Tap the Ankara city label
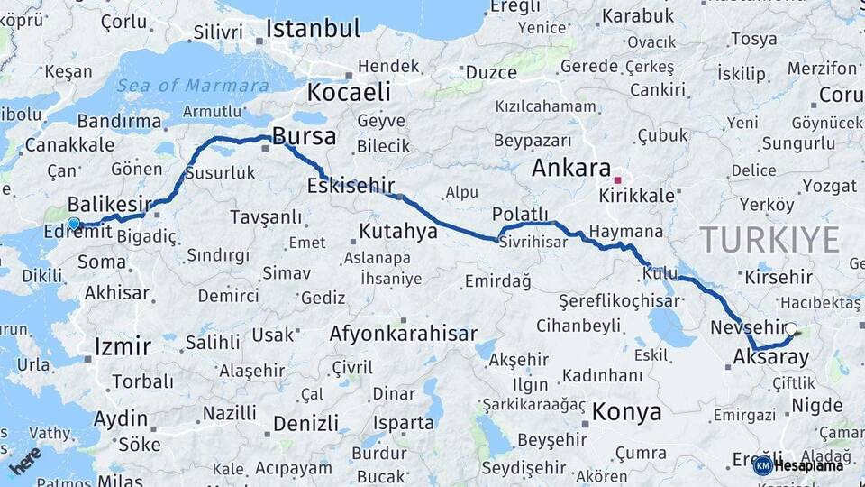coord(571,168)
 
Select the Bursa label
coord(304,137)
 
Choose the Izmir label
coord(123,346)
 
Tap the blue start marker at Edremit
coord(73,223)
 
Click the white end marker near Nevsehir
coord(791,330)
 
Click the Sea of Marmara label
coord(192,86)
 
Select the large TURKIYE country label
coord(769,240)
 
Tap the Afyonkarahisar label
coord(403,334)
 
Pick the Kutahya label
coord(398,232)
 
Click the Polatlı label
coord(520,214)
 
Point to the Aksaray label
coord(771,357)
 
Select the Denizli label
coord(305,423)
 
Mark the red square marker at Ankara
coord(617,179)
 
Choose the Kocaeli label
coord(349,92)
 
